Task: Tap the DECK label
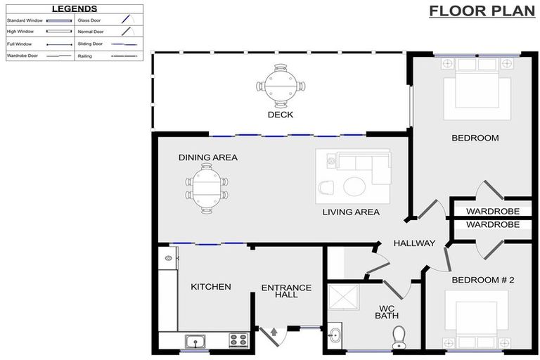click(x=280, y=115)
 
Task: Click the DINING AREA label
click(x=207, y=157)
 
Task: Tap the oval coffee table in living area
click(x=353, y=186)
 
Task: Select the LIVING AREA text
click(x=351, y=212)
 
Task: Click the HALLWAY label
click(x=414, y=243)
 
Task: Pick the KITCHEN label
click(x=211, y=287)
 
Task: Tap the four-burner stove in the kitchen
click(x=238, y=340)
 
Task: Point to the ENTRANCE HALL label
click(x=286, y=291)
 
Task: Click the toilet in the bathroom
click(x=400, y=337)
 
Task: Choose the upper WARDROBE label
click(x=493, y=211)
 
